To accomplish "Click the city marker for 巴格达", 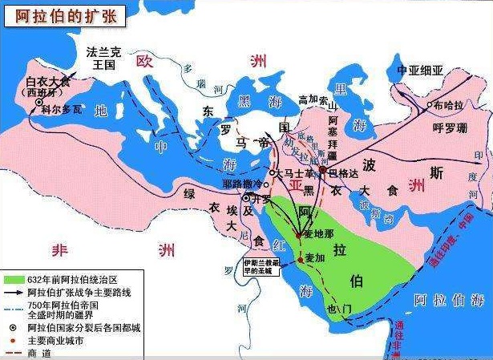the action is click(323, 170).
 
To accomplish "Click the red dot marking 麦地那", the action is click(298, 234).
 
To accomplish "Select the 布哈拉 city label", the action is click(451, 105).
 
